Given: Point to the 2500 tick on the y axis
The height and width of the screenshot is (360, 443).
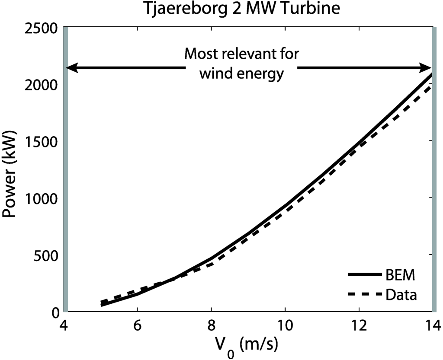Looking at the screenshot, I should coord(42,28).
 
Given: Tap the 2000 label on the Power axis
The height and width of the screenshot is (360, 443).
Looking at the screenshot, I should coord(42,85).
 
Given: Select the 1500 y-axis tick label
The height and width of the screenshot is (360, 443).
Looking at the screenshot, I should coord(42,141).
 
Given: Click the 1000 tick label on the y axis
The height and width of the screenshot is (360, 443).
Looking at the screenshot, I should coord(42,198).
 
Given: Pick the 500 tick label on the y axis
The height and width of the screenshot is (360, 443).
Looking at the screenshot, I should coord(46,255).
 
